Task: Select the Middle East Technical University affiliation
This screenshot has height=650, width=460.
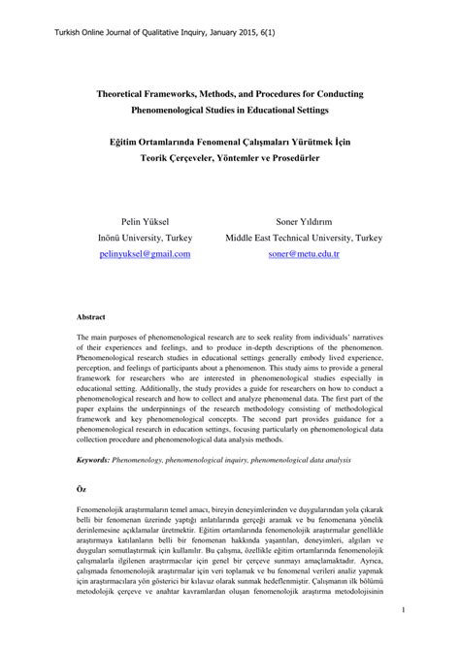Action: [x=304, y=237]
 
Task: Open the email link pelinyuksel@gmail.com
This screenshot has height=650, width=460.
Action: [x=145, y=253]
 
